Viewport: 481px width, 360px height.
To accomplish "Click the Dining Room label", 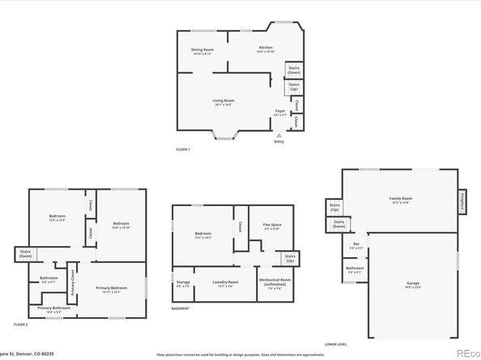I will click(x=202, y=50).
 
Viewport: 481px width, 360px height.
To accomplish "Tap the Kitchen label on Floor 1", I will click(x=265, y=49).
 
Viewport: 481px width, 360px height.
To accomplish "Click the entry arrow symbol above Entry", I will click(x=279, y=134).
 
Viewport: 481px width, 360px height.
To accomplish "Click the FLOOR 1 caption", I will click(x=184, y=150).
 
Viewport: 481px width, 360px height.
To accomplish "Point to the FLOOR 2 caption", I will click(x=21, y=324).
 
